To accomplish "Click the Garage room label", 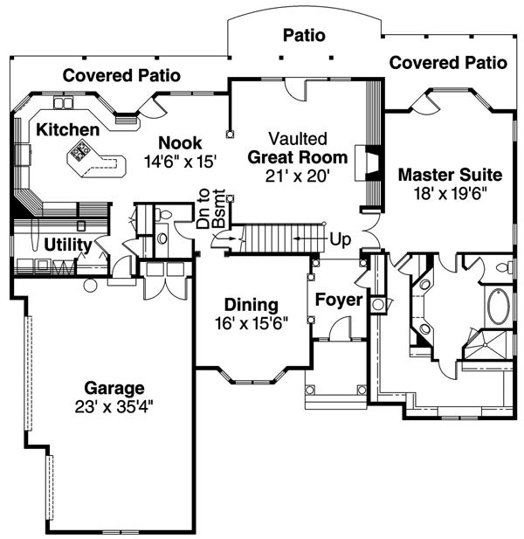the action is point(114,388).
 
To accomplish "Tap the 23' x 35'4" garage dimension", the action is point(114,407).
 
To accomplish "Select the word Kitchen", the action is point(68,130).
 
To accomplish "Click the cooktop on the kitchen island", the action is point(79,151).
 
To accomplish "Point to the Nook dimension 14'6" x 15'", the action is point(180,162).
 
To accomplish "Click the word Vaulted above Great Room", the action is point(298,139).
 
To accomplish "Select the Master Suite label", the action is point(450,175).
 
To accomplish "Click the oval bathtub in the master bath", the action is point(497,306).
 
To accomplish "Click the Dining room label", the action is point(252,305).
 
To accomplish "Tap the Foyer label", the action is point(339,300).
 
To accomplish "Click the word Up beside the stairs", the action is point(341,239).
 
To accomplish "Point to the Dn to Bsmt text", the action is point(211,208).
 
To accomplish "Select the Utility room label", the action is point(68,245).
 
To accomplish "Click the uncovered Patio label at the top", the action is point(304,36).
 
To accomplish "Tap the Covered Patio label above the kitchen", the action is point(121,75).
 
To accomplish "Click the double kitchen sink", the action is point(64,103).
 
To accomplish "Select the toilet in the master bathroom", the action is point(507,267).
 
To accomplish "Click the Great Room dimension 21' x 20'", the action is point(298,176).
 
